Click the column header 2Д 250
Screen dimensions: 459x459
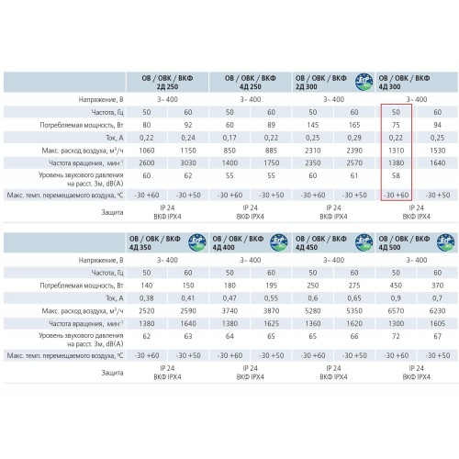point(167,83)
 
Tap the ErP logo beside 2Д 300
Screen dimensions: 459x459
point(364,82)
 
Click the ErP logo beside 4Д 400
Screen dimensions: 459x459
point(279,242)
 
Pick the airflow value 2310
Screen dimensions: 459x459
point(313,151)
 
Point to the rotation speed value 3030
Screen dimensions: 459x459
point(188,163)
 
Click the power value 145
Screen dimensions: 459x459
point(313,125)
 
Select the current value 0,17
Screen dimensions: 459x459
point(229,138)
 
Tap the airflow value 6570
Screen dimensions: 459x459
point(396,311)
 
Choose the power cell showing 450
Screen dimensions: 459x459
point(396,285)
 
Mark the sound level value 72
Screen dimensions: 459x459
point(396,336)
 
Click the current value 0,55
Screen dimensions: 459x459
point(271,298)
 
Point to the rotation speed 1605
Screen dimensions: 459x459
point(438,324)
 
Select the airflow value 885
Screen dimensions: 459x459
point(271,151)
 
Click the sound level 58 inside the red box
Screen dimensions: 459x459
point(396,175)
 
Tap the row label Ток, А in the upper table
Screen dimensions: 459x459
point(115,138)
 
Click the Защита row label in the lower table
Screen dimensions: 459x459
point(112,373)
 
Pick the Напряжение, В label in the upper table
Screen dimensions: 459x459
point(101,100)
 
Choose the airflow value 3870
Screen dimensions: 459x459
point(271,311)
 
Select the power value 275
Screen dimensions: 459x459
point(354,285)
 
